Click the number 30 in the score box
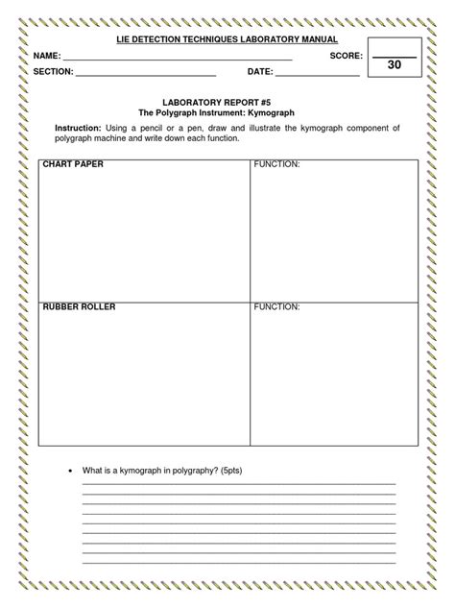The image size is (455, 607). (x=394, y=65)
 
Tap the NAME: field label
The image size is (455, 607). (x=46, y=58)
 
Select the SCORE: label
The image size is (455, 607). (x=346, y=58)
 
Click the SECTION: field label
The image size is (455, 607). (x=53, y=72)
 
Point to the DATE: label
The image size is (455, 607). (x=260, y=72)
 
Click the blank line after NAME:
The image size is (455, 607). (x=177, y=61)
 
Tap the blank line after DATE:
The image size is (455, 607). (x=318, y=75)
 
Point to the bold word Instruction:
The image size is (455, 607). (x=80, y=128)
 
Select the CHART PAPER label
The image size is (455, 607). (x=72, y=165)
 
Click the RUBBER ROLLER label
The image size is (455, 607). (x=79, y=306)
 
